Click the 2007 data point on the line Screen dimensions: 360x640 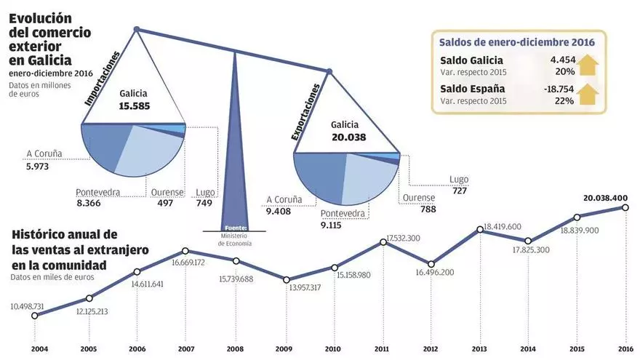click(185, 251)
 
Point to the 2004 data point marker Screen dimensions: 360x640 click(35, 316)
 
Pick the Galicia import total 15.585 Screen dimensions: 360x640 click(133, 105)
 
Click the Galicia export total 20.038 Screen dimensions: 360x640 click(348, 137)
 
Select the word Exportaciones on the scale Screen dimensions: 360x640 click(306, 113)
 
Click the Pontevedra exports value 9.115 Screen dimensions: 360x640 click(335, 225)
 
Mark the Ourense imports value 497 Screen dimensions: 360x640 click(165, 203)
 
